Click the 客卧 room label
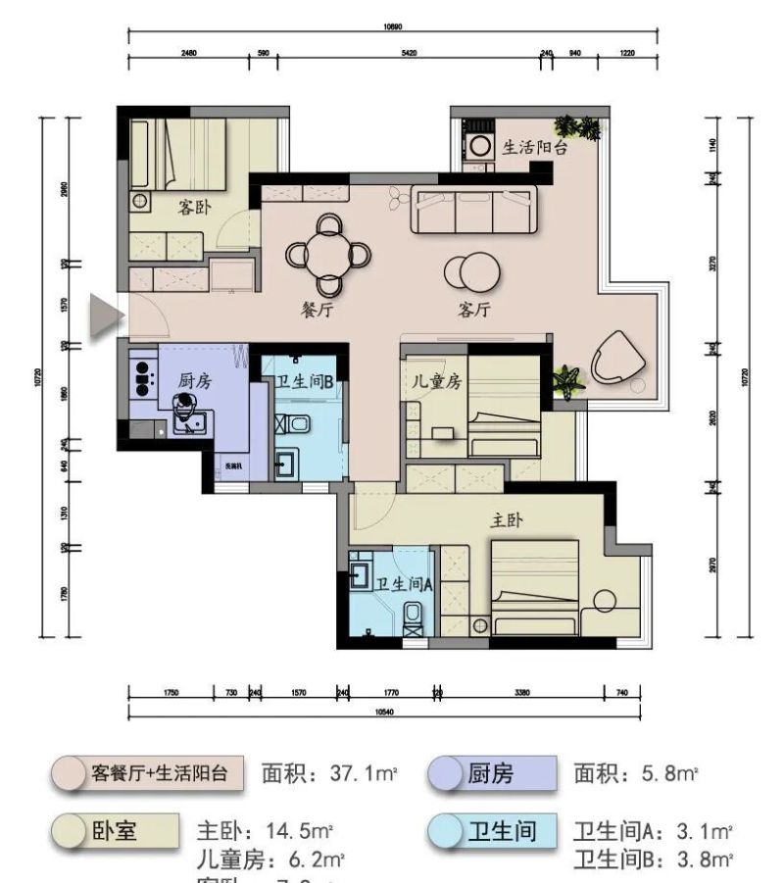tap(197, 208)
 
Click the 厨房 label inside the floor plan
tap(194, 381)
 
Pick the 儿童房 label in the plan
tap(435, 383)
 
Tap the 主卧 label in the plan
tap(506, 521)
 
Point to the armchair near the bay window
tap(617, 355)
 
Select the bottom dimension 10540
tap(384, 712)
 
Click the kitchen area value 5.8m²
tap(635, 774)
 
